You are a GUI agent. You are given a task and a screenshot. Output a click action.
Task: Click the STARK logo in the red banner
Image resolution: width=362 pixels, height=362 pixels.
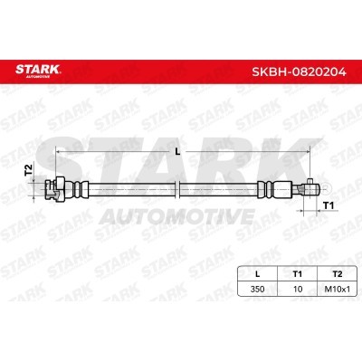coord(38,71)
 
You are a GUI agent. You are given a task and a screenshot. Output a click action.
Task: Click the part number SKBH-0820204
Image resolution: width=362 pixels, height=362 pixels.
coord(299,71)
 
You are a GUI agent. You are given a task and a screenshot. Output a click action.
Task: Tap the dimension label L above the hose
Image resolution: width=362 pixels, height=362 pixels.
coord(177,152)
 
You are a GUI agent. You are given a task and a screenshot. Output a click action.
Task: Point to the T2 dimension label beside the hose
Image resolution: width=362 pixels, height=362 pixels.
coord(28,170)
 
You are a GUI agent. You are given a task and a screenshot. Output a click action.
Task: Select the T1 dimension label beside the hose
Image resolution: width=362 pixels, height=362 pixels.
coord(329,206)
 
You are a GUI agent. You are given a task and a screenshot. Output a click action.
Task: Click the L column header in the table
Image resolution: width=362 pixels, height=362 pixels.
coord(257,274)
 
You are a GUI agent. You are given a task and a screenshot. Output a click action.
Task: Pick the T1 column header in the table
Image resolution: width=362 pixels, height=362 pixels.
coord(298,274)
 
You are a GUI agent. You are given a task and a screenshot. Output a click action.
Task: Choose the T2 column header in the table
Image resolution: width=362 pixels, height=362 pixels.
coord(338,274)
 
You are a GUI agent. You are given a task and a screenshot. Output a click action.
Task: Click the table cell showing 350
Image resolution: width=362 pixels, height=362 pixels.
coord(257,289)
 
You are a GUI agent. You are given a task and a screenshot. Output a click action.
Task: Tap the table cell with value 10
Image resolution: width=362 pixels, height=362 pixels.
coord(298,289)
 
